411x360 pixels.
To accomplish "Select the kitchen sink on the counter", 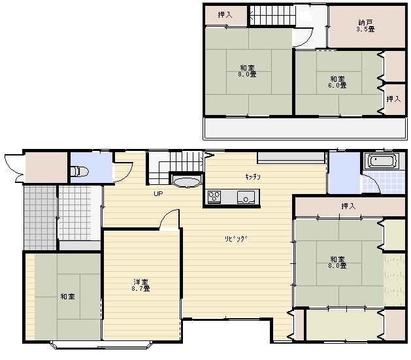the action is click(246, 197).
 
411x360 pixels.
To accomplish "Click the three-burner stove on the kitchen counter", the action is click(214, 196).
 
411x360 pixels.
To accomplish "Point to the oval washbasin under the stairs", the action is click(187, 183).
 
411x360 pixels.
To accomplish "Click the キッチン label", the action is click(253, 176).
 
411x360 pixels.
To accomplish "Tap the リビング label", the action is click(236, 238).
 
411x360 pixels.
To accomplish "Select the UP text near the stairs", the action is click(158, 193).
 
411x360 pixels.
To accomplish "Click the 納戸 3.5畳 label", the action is click(365, 25).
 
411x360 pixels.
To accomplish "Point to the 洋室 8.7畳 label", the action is click(140, 286).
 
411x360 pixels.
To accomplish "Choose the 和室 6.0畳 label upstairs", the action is click(337, 82).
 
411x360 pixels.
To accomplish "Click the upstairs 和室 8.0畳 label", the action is click(247, 71).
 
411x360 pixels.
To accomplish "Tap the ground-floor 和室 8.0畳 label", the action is click(337, 262).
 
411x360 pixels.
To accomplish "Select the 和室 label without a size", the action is click(67, 297).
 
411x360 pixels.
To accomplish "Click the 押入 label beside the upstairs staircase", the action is click(225, 14).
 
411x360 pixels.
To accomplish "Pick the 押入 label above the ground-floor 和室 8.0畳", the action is click(349, 206).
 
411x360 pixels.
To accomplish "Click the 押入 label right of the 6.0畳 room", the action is click(393, 99).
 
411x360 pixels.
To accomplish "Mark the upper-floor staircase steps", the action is click(272, 15).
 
